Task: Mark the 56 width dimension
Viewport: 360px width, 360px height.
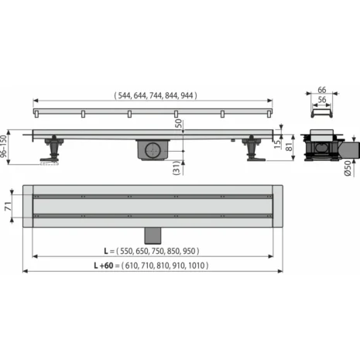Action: (x=321, y=100)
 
